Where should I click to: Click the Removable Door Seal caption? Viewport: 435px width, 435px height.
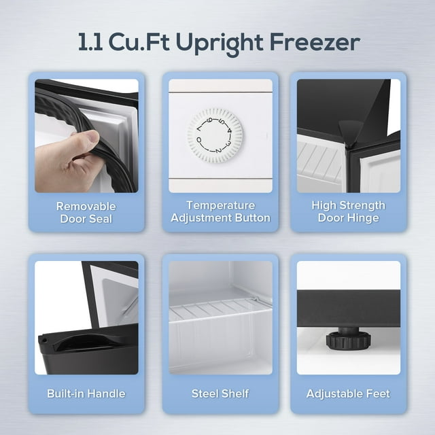86,212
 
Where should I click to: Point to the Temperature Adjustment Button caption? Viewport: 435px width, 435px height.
220,212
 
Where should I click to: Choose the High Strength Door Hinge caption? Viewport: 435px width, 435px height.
348,212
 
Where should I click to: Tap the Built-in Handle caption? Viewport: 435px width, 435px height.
86,394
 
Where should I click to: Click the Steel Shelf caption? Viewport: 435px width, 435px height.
220,394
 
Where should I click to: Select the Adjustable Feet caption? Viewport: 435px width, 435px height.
348,394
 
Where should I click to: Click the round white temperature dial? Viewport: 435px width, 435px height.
215,134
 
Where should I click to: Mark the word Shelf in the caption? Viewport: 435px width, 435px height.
235,394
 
